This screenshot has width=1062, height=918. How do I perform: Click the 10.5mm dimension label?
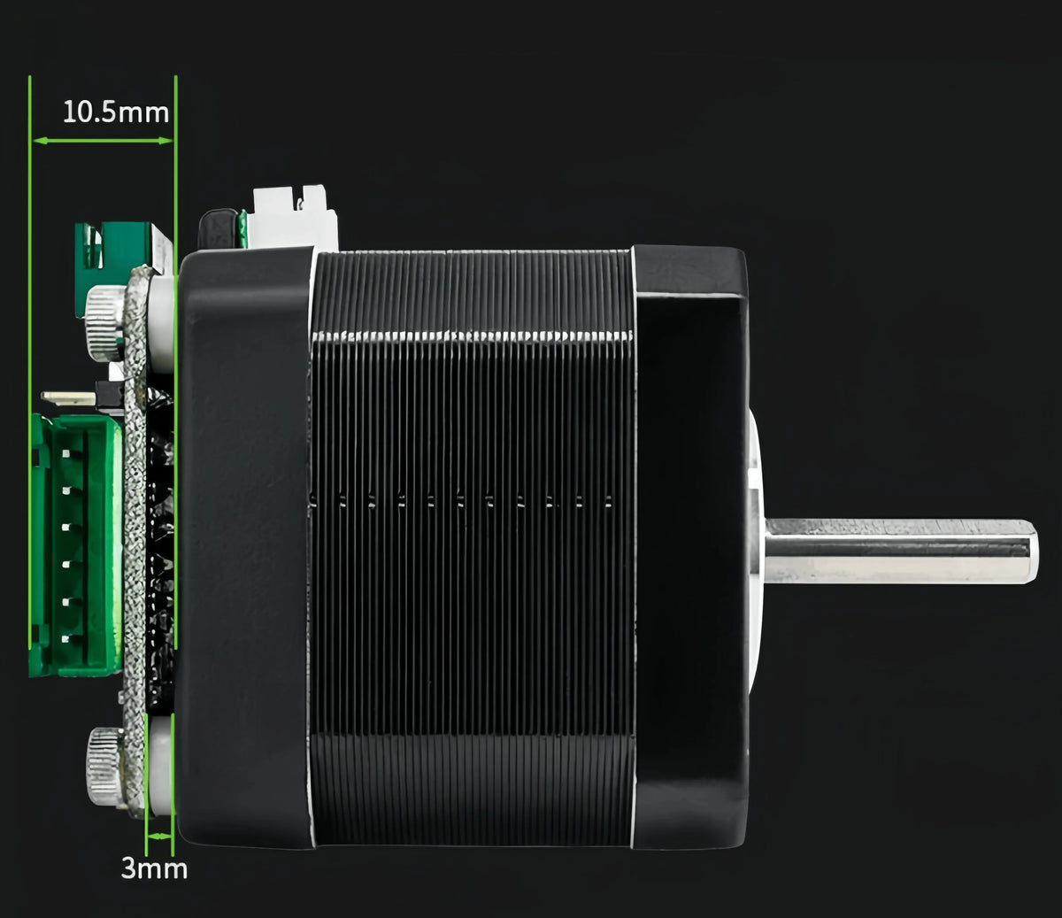pyautogui.click(x=116, y=112)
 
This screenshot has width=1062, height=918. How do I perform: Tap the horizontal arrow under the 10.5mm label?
pyautogui.click(x=103, y=141)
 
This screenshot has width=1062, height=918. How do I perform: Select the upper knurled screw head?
pyautogui.click(x=105, y=324)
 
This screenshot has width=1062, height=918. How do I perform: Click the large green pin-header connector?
pyautogui.click(x=76, y=544)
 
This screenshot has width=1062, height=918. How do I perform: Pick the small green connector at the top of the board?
pyautogui.click(x=114, y=247)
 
